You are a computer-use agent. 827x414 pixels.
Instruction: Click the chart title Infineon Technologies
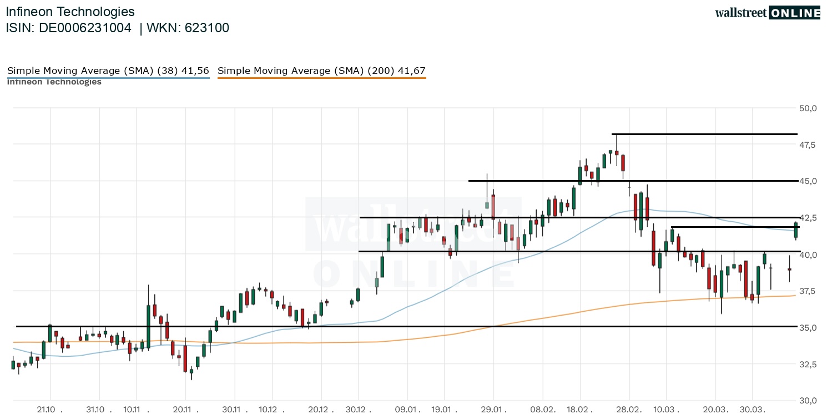[x=70, y=12]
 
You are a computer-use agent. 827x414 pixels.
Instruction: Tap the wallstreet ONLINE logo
[x=767, y=13]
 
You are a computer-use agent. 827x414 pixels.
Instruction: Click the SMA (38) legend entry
[x=108, y=71]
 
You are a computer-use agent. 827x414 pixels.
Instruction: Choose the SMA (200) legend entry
[x=321, y=71]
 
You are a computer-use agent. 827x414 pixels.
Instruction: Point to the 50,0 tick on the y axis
[x=808, y=108]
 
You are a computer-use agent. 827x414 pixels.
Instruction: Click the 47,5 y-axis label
[x=808, y=144]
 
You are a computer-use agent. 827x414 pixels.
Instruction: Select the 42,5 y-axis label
[x=808, y=217]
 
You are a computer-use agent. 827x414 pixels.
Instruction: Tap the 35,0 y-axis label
[x=808, y=327]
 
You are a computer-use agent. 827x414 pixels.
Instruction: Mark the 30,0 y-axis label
[x=808, y=400]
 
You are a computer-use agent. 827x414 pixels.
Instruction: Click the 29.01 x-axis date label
[x=493, y=410]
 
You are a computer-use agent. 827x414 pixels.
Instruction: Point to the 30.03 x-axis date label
[x=752, y=410]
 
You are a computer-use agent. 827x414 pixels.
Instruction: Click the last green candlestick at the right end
[x=796, y=230]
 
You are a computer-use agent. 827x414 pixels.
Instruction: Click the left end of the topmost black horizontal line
[x=613, y=134]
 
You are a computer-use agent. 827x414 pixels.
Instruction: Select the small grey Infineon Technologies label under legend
[x=54, y=82]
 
